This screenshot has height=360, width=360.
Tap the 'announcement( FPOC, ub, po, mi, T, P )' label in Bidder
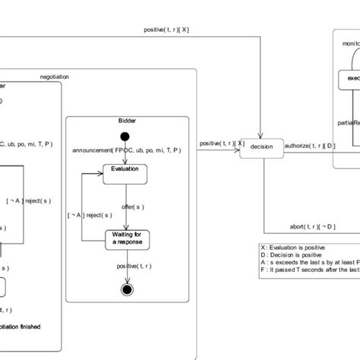(127, 150)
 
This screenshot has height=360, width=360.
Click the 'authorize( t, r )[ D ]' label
(309, 144)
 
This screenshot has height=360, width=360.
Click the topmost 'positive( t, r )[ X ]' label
(166, 30)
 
